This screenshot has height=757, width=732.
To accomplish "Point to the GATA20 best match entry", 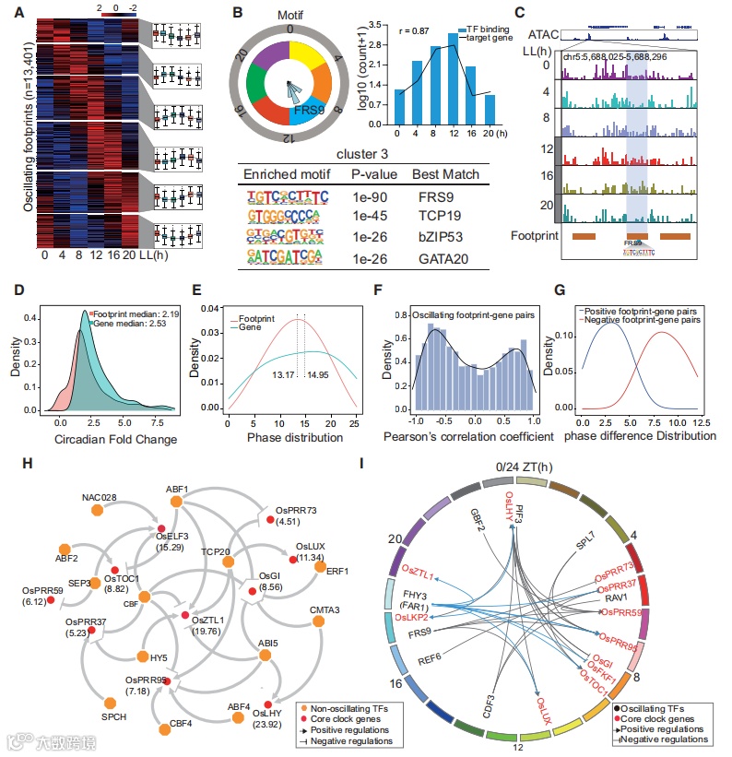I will click(x=446, y=261).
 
